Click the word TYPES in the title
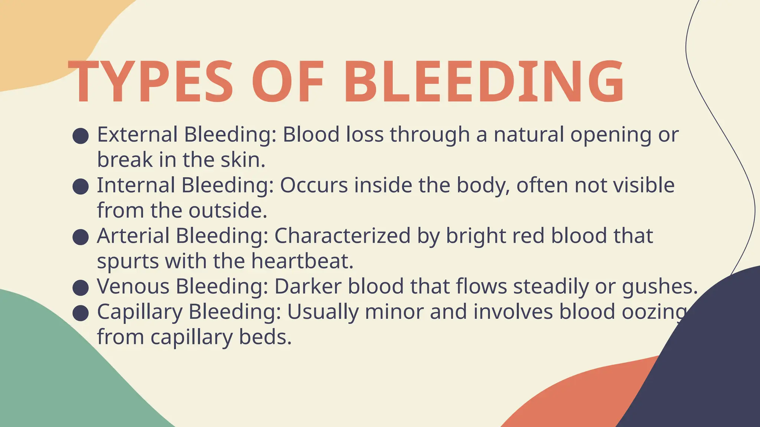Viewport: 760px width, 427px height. coord(150,82)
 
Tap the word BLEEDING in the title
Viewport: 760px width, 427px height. coord(484,82)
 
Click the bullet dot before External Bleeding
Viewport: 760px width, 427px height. coord(81,136)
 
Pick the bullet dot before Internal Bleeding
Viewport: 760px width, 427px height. coord(81,187)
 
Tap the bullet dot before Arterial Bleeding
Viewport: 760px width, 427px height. coord(81,237)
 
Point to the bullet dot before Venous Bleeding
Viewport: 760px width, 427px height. coord(81,288)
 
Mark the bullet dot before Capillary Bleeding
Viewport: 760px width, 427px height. coord(81,313)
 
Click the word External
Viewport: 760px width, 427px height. coord(137,134)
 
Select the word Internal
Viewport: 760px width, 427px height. coord(136,185)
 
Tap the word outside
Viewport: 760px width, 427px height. coord(227,211)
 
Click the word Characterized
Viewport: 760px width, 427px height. coord(342,236)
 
